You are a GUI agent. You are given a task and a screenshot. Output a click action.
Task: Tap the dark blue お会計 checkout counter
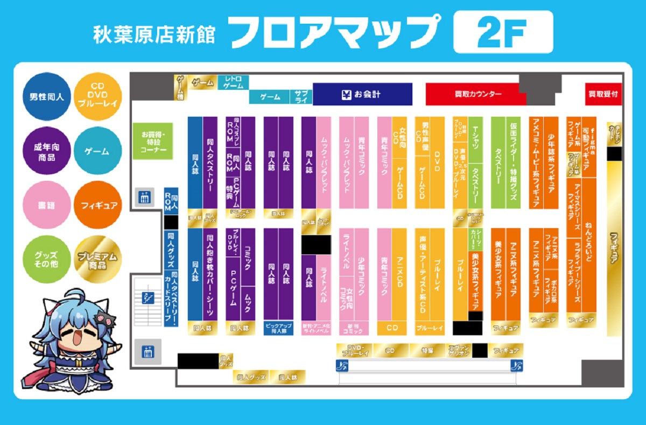tap(362, 94)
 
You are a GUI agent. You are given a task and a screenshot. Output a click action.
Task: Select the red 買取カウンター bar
tap(475, 94)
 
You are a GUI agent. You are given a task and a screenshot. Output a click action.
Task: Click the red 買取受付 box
tap(603, 94)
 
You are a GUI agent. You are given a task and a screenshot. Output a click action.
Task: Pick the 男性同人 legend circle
tap(47, 97)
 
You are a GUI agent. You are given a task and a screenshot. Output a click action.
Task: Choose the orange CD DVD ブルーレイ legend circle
tap(97, 97)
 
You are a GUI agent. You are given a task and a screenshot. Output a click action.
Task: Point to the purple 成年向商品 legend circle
tap(47, 151)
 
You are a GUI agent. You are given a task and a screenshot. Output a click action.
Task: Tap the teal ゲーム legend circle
tap(97, 151)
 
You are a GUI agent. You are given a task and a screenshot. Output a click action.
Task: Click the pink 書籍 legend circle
tap(47, 205)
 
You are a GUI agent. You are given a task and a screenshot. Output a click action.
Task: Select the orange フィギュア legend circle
tap(97, 205)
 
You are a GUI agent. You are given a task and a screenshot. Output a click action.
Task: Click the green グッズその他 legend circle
tap(47, 260)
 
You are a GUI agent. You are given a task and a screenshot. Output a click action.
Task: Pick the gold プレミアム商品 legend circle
tap(97, 260)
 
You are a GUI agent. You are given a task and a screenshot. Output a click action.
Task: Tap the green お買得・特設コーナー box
tap(153, 141)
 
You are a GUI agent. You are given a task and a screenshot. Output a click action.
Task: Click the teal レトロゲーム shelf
tap(234, 82)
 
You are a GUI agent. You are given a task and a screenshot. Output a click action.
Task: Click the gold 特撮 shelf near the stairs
tap(427, 350)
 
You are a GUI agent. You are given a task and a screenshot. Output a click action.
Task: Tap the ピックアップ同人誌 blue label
tap(278, 328)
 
